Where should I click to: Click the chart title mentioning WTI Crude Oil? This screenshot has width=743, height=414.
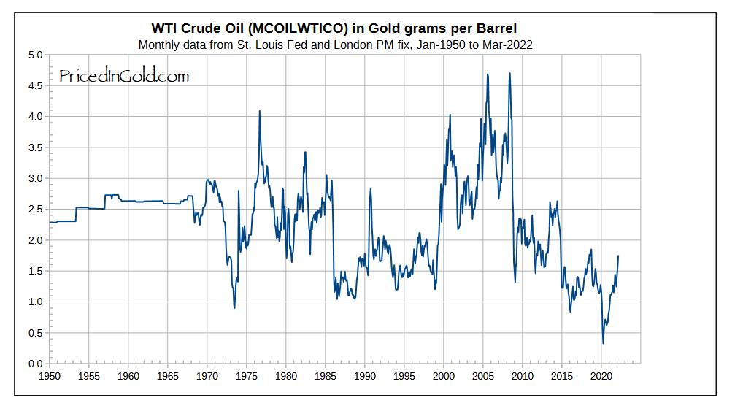pos(334,28)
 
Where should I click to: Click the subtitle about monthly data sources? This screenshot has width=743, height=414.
pos(334,45)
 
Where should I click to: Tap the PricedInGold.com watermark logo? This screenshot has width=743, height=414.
pos(123,75)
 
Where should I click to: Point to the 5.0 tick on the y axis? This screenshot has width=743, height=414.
pos(35,55)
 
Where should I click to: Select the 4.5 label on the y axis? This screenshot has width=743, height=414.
pos(35,85)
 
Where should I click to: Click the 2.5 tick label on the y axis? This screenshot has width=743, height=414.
pos(35,210)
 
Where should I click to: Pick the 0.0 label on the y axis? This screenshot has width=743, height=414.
pos(35,364)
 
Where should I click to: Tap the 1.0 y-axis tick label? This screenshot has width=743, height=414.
pos(35,302)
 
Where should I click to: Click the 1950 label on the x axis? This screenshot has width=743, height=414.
pos(49,377)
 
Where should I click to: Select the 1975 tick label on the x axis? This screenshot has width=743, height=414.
pos(246,377)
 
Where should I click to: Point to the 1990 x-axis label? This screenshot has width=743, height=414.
pos(364,377)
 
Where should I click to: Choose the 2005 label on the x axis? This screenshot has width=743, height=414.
pos(482,377)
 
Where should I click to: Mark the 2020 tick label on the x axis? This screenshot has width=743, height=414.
pos(601,377)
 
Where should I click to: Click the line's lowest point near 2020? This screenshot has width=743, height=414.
pos(603,343)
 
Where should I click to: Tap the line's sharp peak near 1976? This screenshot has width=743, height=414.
pos(259,111)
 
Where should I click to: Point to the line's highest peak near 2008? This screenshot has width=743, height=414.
pos(509,73)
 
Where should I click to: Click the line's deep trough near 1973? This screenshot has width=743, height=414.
pos(234,307)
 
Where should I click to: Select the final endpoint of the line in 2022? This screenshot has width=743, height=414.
pos(618,256)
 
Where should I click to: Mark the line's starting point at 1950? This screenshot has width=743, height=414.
pos(50,223)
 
